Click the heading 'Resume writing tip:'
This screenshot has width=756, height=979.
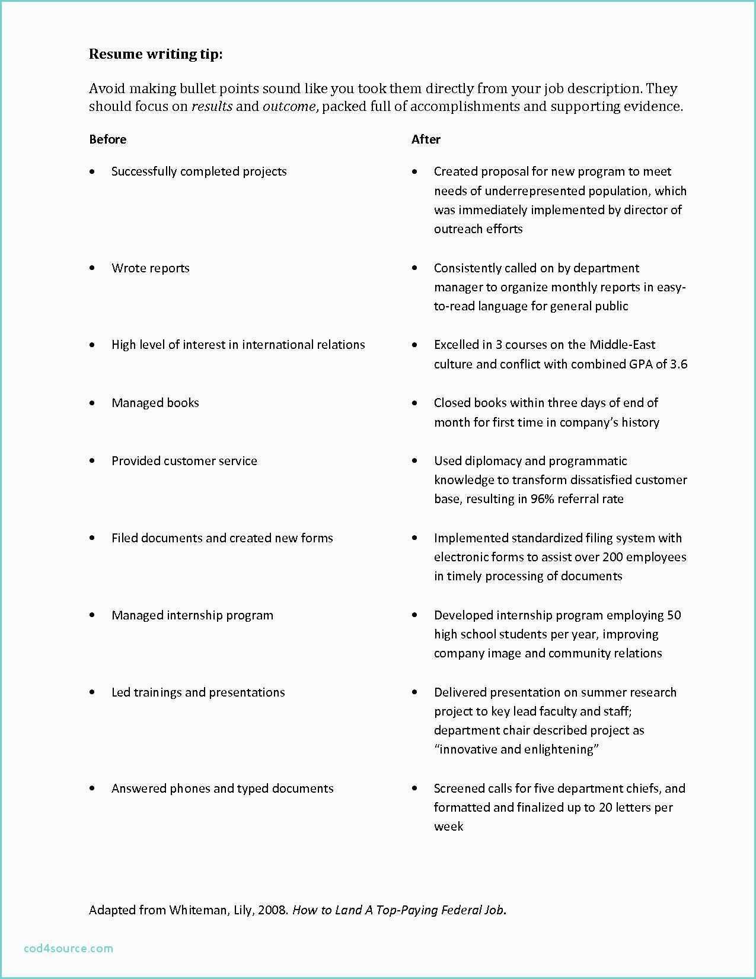point(156,54)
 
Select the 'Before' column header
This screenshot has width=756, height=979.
point(107,139)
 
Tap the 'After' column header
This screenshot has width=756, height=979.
point(426,139)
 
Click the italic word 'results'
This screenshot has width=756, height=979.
point(212,107)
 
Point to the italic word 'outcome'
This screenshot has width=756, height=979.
point(289,107)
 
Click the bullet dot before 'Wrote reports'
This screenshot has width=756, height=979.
point(92,268)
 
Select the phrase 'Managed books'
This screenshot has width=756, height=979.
point(155,403)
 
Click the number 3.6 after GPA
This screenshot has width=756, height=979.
point(678,364)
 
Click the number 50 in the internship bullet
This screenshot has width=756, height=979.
point(674,615)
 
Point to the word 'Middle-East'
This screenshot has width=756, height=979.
point(623,345)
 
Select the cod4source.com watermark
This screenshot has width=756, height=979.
point(69,948)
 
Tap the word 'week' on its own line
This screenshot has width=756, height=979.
point(448,827)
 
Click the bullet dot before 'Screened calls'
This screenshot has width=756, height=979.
point(414,789)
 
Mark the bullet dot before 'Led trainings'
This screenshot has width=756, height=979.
point(92,692)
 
